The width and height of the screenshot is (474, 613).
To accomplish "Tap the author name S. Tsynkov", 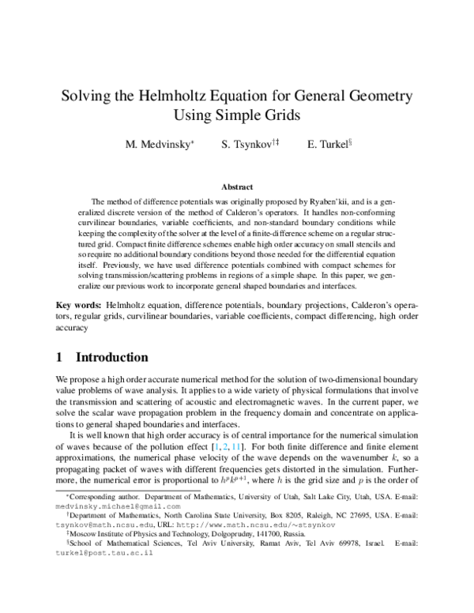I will pos(246,145).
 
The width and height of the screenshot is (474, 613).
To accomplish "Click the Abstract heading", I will pos(236,187).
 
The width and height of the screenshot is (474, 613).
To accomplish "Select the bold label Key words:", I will pos(79,305).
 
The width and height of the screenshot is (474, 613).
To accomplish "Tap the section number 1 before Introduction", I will pos(59,357).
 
